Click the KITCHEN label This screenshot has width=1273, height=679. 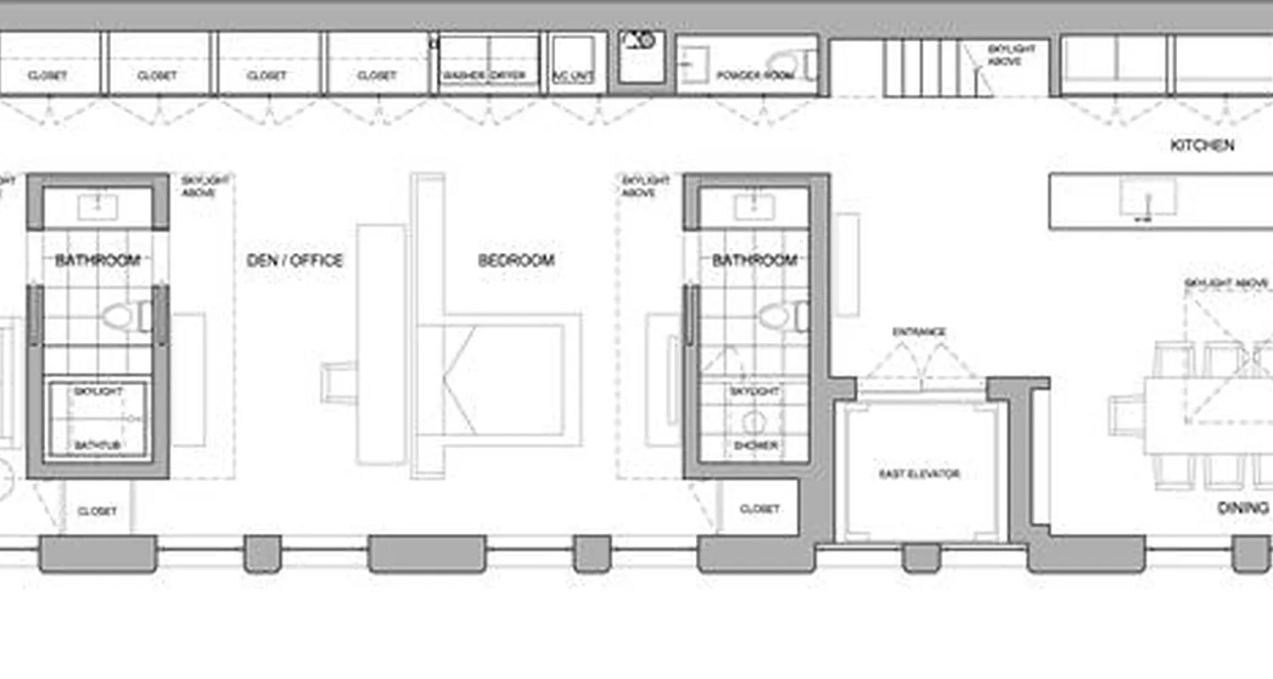coord(1202,145)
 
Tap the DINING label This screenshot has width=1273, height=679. coord(1243,508)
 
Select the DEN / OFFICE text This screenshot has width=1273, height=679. coord(294,261)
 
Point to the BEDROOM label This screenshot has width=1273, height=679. coord(516,261)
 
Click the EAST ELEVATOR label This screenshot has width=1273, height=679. coord(919,474)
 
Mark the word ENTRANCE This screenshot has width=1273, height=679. coord(919,332)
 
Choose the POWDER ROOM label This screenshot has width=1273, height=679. coord(754,76)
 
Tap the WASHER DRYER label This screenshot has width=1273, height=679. coord(484,76)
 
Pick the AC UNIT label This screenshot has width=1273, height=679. coord(573,76)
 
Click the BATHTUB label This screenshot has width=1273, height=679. coord(96,445)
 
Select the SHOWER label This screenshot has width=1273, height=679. coord(754,445)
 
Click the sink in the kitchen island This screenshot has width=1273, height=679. coord(1147,197)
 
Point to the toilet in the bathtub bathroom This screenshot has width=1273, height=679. coord(125,317)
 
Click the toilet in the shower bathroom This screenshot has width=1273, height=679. coord(780,317)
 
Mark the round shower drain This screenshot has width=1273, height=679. coord(754,420)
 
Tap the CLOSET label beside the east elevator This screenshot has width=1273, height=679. coord(759,509)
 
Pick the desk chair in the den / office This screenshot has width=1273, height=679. coord(337,382)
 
